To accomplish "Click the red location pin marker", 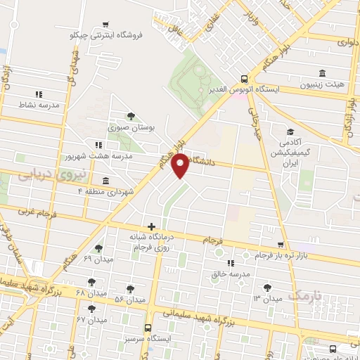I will pos(181,165).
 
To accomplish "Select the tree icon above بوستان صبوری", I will pos(130,117).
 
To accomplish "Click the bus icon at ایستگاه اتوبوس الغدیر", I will pos(243,79).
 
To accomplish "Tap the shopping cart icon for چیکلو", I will pos(105,23).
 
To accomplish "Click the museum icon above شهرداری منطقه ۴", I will pos(105,180).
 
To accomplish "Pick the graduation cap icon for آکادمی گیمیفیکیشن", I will pos(289,131).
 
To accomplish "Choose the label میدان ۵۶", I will pos(129,300).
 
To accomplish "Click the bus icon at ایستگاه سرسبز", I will pos(148,327).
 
